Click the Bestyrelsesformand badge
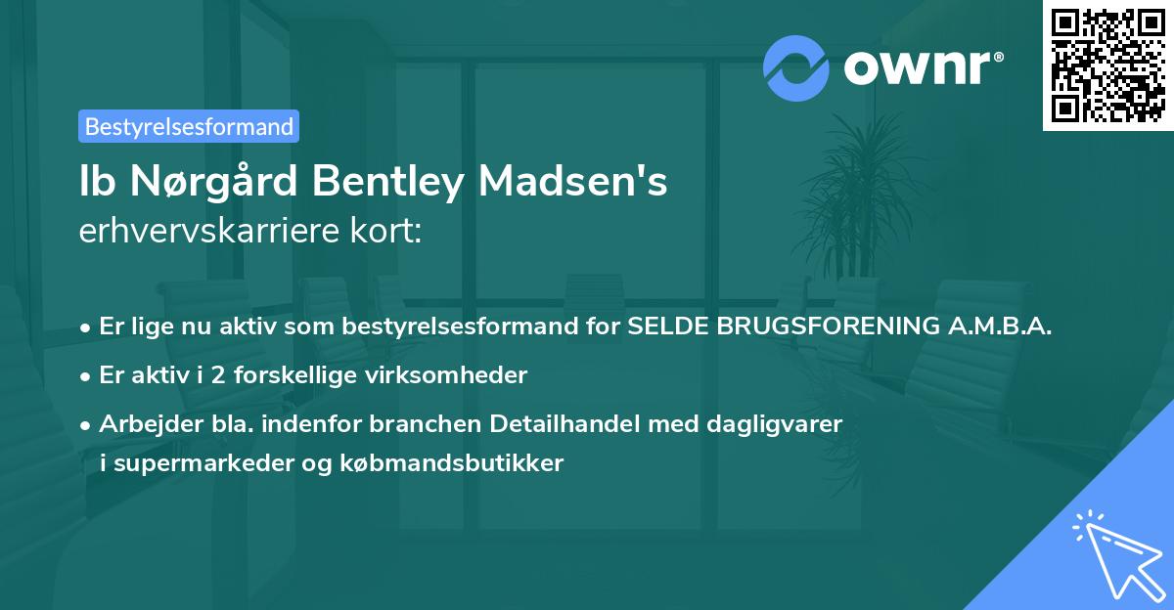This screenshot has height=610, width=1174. pyautogui.click(x=189, y=126)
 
